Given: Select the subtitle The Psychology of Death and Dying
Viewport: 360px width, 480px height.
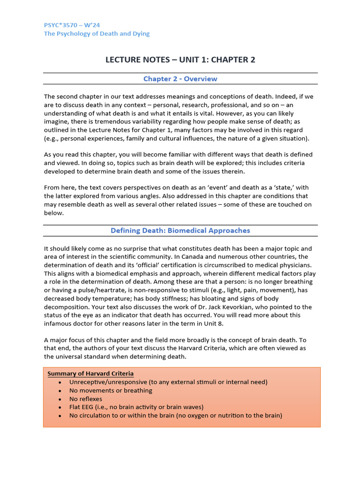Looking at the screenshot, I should [x=97, y=34].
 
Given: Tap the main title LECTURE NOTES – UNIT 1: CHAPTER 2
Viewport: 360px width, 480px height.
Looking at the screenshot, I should [x=180, y=60].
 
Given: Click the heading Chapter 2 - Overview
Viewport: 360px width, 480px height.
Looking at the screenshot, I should [x=180, y=79].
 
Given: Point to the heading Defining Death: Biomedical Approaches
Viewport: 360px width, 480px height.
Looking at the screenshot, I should [x=180, y=230].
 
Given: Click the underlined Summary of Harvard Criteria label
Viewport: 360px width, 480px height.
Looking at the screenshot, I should [x=90, y=374].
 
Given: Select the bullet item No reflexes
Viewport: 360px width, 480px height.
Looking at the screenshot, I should [x=85, y=399].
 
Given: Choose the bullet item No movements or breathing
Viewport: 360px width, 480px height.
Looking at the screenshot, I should [x=111, y=390].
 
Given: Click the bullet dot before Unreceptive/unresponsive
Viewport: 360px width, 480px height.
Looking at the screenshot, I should [x=60, y=382].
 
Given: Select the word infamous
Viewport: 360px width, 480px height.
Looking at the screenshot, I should [x=59, y=324].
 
